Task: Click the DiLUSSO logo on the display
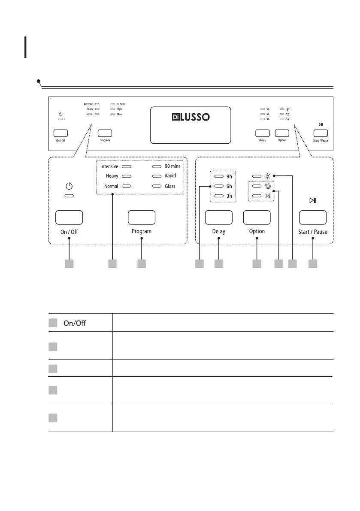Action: (x=189, y=117)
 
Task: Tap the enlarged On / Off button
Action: (x=69, y=217)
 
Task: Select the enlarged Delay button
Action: (x=218, y=217)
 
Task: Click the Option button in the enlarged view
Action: (x=257, y=217)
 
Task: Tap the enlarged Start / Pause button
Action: (x=312, y=217)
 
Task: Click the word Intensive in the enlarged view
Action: (x=109, y=166)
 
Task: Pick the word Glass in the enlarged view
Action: (x=170, y=186)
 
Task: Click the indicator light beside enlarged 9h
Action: (x=219, y=176)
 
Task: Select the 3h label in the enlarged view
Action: (x=230, y=196)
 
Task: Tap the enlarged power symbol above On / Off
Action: (x=69, y=186)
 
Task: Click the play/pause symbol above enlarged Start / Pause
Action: (x=312, y=200)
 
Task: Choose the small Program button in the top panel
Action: (x=105, y=133)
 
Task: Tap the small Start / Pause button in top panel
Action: (x=321, y=133)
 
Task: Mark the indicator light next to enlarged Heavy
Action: (x=126, y=176)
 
